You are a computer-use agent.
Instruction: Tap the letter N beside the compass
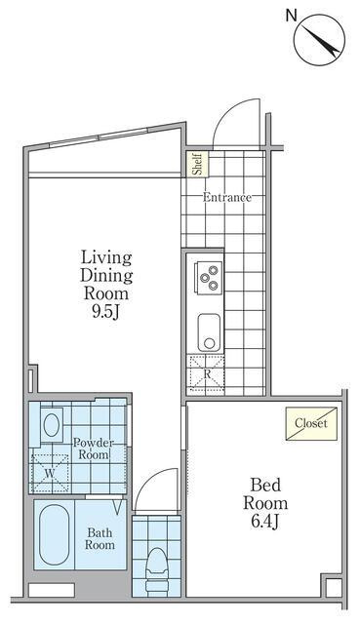click(x=292, y=16)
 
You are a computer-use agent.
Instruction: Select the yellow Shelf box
click(x=198, y=164)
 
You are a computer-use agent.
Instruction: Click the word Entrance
click(x=227, y=197)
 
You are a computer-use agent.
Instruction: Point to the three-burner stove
click(x=208, y=278)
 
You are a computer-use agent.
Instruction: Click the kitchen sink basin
click(x=209, y=332)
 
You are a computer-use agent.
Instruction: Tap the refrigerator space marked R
click(x=206, y=373)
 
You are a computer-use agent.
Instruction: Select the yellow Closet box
click(x=311, y=423)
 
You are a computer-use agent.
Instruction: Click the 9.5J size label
click(x=106, y=312)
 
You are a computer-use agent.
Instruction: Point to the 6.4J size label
click(x=264, y=522)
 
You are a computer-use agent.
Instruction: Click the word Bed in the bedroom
click(x=265, y=486)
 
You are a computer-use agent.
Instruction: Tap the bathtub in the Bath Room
click(x=55, y=534)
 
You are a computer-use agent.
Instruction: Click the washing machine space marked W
click(x=50, y=473)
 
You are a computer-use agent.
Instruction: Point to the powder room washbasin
click(x=52, y=425)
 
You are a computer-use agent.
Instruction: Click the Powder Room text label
click(x=94, y=448)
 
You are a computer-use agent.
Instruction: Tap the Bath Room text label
click(x=100, y=538)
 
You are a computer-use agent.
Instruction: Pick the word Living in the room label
click(x=106, y=257)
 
